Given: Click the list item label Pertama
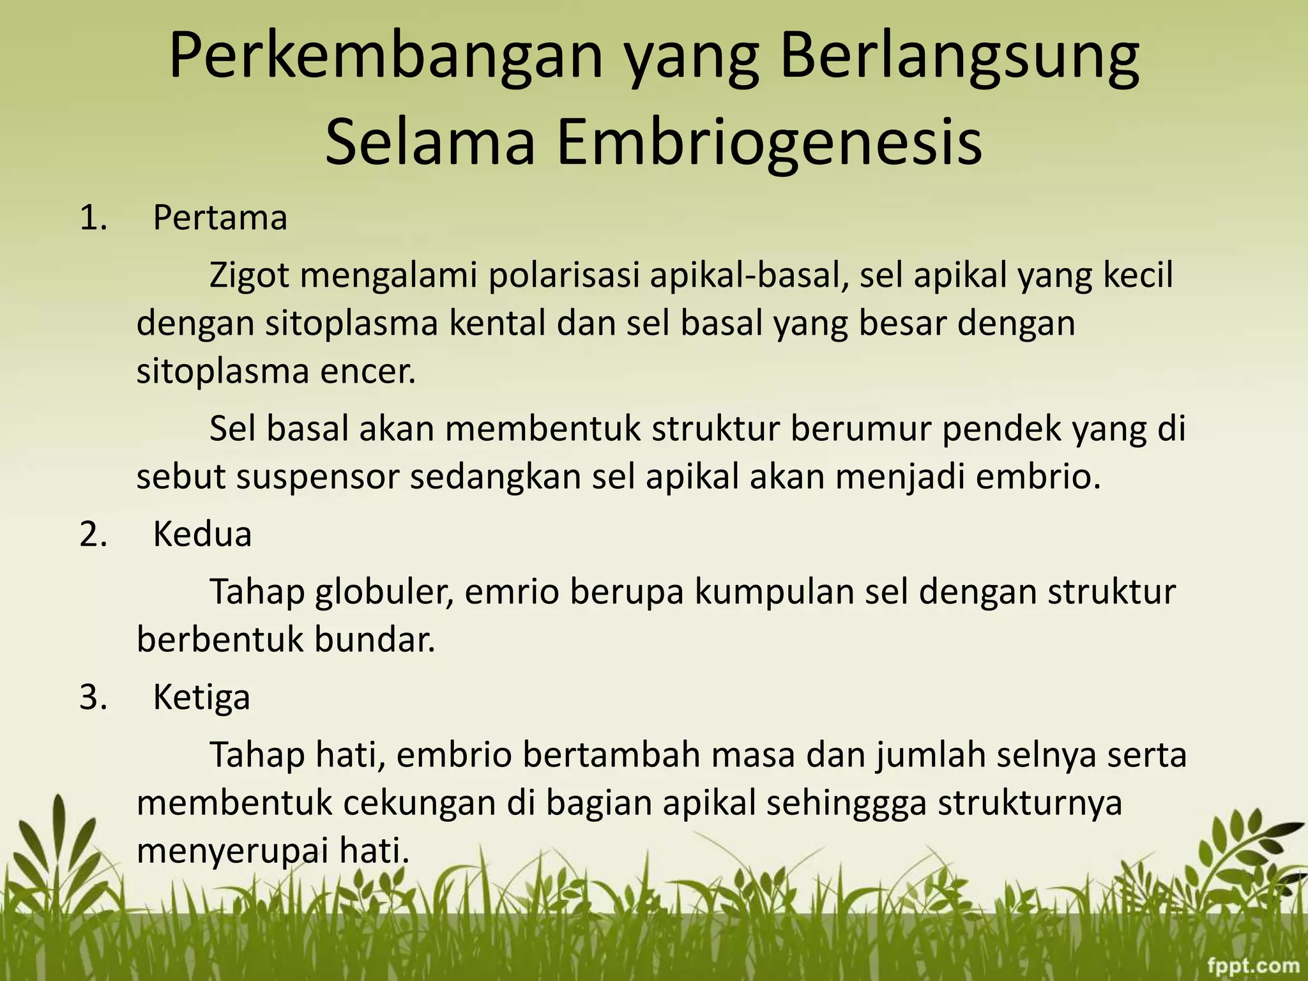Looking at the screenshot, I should coord(220,218).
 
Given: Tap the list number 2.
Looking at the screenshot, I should coord(93,535).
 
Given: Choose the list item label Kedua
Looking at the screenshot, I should coord(202,535).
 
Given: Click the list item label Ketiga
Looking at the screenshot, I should coord(201,697).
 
